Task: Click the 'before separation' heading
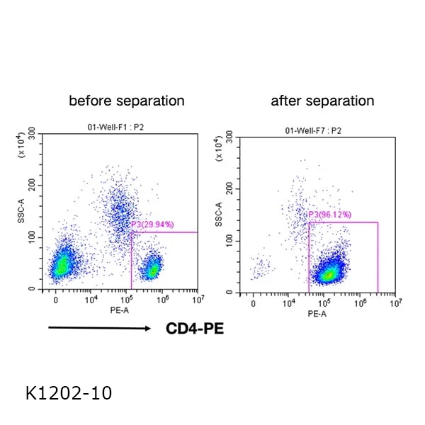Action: [126, 101]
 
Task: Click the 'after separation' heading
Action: [322, 101]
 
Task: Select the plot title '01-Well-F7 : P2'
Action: [313, 131]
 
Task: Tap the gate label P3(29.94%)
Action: [153, 225]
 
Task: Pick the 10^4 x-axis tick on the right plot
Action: [289, 303]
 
